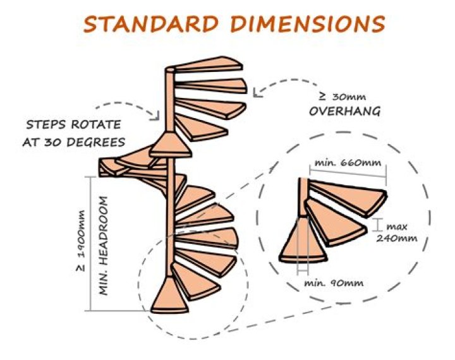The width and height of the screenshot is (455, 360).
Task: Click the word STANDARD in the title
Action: (150, 24)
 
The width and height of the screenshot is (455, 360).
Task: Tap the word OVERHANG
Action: (344, 111)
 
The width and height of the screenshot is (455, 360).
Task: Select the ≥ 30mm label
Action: (342, 97)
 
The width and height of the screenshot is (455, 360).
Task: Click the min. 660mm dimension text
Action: (348, 162)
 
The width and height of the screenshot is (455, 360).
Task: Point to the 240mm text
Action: (397, 239)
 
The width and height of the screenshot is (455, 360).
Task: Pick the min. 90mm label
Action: (334, 283)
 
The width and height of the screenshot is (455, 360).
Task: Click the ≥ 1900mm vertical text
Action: (81, 241)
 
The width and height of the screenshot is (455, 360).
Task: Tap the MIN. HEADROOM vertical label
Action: (103, 246)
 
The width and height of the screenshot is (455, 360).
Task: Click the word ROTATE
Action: (96, 125)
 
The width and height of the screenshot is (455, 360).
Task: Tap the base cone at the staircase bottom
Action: (169, 296)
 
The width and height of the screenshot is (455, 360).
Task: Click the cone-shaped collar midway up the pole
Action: (171, 145)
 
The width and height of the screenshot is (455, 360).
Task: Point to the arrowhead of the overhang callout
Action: (256, 93)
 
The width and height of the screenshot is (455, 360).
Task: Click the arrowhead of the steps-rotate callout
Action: (157, 116)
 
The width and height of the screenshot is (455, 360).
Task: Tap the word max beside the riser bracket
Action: (397, 226)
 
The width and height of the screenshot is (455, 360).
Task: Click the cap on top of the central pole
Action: (170, 69)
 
